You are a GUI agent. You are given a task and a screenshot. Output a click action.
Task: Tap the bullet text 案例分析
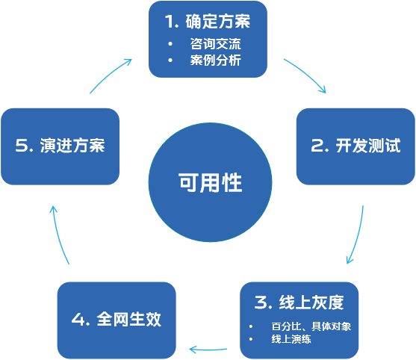click(215, 60)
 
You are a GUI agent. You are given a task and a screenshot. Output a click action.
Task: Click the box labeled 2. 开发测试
click(356, 146)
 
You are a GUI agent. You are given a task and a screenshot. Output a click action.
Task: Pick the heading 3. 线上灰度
click(299, 302)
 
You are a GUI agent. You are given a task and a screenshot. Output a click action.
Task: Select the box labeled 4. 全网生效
click(117, 319)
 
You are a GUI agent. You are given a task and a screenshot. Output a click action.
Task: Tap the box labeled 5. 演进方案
click(60, 146)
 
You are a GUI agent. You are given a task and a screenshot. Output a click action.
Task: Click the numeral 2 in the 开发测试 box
click(316, 146)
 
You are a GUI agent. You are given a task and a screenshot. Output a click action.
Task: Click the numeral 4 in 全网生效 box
click(77, 320)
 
